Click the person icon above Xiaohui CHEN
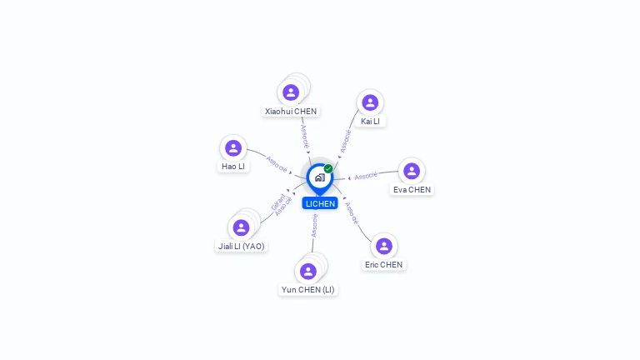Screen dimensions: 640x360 (x=291, y=92)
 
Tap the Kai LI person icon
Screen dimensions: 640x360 (x=370, y=102)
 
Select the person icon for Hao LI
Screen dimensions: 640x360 (x=233, y=147)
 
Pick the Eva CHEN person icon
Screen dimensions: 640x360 (x=412, y=171)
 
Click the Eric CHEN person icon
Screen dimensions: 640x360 (x=383, y=246)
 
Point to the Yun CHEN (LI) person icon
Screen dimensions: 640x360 (x=307, y=272)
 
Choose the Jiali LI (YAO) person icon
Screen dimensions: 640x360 (x=241, y=227)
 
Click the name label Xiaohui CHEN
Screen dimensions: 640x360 (x=291, y=112)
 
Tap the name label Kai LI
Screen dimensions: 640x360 (x=370, y=121)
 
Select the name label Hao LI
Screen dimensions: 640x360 (x=233, y=167)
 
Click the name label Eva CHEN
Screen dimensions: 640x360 (x=412, y=190)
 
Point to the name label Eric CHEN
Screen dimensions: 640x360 (x=383, y=265)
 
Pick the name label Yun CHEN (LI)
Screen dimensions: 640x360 (x=307, y=290)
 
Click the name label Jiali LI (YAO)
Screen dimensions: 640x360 (x=241, y=246)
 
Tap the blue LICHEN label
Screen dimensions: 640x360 (x=320, y=203)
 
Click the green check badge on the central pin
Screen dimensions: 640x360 (x=328, y=168)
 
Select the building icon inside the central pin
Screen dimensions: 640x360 (x=320, y=177)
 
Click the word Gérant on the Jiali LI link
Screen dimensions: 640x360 (x=278, y=202)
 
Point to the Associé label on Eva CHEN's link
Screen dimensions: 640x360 (x=366, y=176)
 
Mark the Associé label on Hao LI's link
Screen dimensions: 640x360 (x=277, y=164)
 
